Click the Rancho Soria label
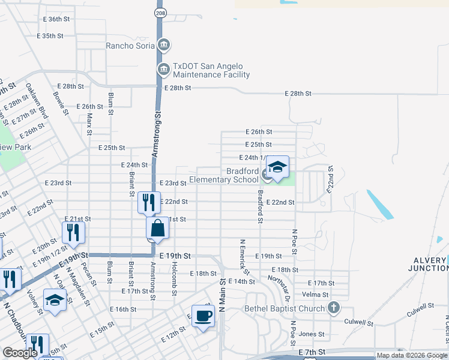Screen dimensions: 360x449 [x=130, y=45]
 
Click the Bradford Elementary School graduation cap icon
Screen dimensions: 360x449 [x=277, y=169]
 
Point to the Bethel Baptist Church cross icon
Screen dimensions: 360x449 [x=334, y=308]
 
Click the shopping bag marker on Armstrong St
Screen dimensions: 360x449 [x=157, y=229]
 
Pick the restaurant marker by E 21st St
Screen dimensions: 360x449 [x=73, y=233]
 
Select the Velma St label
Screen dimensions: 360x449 [x=315, y=295]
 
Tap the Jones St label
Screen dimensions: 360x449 [x=312, y=334]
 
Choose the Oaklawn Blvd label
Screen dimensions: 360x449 [x=35, y=101]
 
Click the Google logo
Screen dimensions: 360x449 [x=20, y=353]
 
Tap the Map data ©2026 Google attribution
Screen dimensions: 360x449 [x=412, y=355]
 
